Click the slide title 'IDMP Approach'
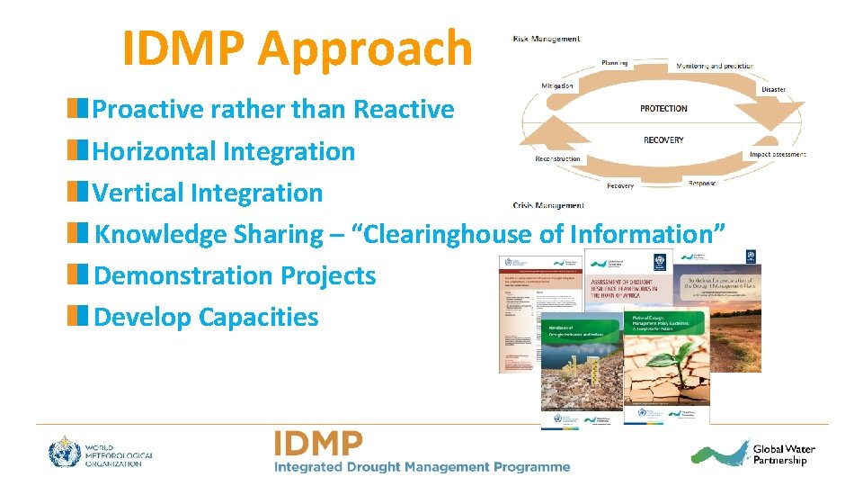tap(297, 49)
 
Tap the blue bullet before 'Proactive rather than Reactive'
tap(80, 110)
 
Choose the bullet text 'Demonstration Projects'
tap(235, 275)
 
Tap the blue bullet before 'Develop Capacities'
tap(80, 317)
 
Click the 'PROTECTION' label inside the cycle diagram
tap(663, 108)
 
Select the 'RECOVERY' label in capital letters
tap(663, 140)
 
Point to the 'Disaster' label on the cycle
tap(773, 90)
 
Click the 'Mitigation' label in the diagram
tap(556, 85)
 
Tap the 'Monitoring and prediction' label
tap(715, 67)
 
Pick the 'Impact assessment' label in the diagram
tap(778, 155)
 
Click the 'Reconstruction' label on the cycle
tap(557, 159)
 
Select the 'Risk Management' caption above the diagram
tap(546, 39)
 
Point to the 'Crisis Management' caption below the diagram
tap(547, 205)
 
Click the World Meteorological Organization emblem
tap(65, 453)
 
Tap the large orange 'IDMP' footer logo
tap(319, 444)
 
